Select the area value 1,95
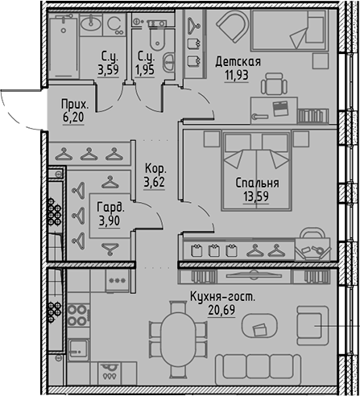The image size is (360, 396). pyautogui.click(x=146, y=70)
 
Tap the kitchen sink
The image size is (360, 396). pyautogui.click(x=79, y=348)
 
